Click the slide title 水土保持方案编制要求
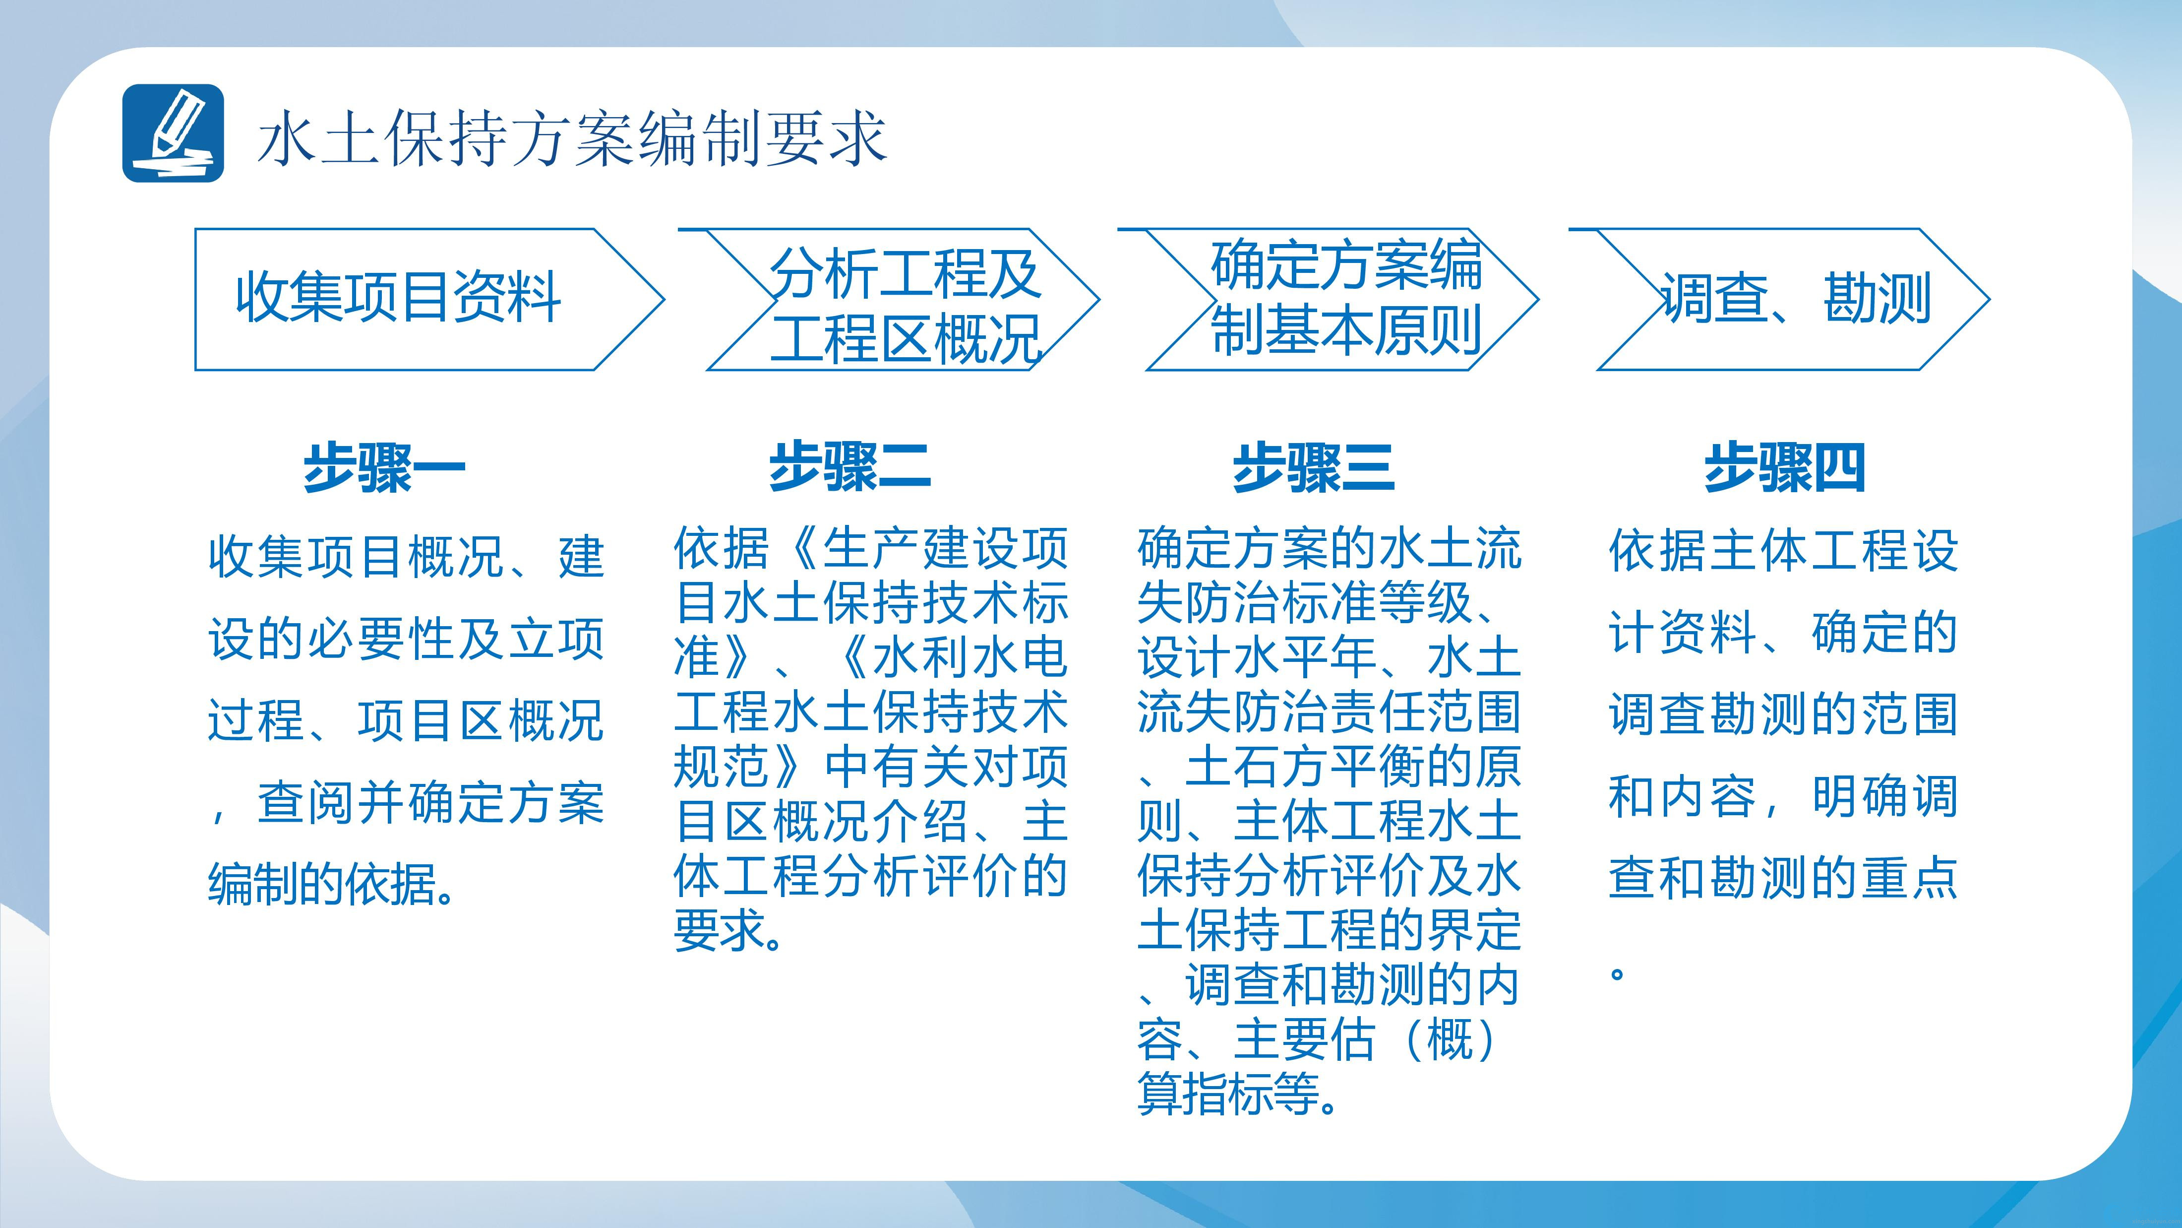[x=572, y=137]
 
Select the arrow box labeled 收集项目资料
[x=429, y=299]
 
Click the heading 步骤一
[x=384, y=467]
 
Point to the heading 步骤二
[x=849, y=467]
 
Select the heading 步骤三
[x=1313, y=467]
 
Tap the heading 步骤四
[x=1785, y=467]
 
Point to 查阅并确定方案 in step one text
[x=430, y=802]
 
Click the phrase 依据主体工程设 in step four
[x=1783, y=550]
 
